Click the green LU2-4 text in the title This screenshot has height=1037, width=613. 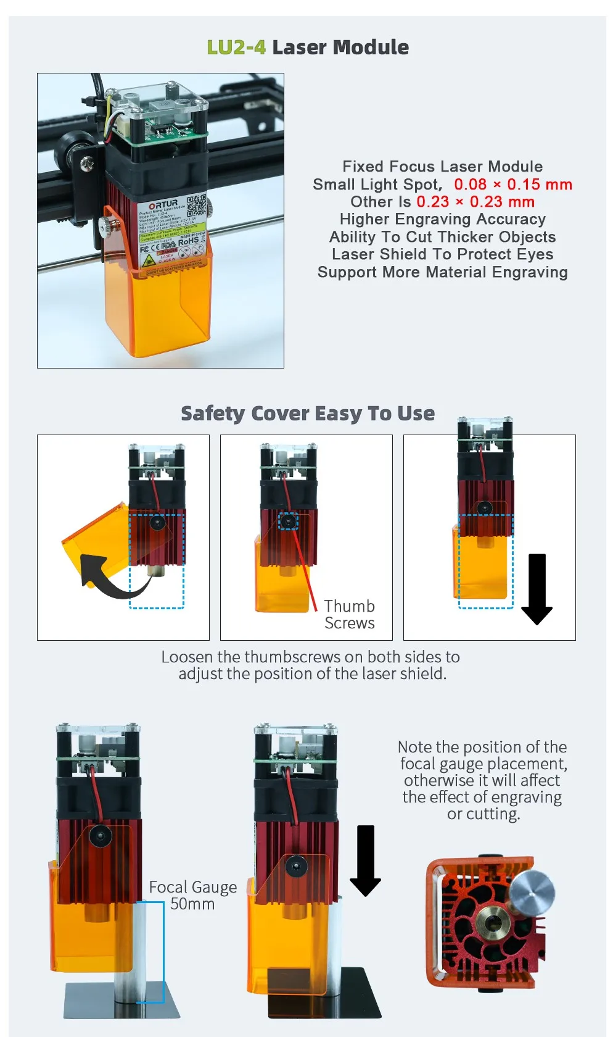pos(236,48)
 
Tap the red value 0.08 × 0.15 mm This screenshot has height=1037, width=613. pos(513,185)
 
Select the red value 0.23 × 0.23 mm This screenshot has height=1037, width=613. pos(475,202)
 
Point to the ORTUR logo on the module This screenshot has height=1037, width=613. pos(163,204)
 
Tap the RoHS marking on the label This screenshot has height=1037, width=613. pos(188,241)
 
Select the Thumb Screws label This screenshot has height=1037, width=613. pos(349,615)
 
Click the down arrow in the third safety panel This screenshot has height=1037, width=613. pos(537,589)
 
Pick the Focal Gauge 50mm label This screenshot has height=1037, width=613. pos(192,896)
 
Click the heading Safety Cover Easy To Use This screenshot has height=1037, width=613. pos(307,414)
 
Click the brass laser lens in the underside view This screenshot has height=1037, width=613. pos(493,924)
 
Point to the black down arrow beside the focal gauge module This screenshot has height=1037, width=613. pos(365,860)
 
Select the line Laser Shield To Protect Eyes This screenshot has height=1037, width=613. pos(442,254)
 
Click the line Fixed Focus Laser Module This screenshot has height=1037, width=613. pos(442,167)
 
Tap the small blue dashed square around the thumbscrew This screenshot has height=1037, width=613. pos(287,522)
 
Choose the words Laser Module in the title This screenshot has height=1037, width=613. pos(340,48)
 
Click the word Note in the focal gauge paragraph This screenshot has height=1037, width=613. pos(414,747)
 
